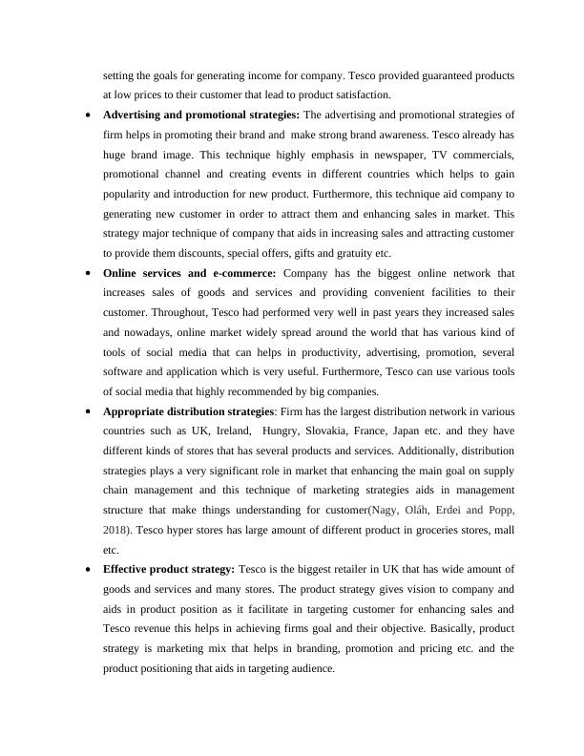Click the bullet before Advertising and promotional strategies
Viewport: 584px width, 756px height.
(89, 115)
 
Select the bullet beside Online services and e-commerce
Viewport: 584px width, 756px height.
(89, 272)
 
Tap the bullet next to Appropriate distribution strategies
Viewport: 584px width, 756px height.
(89, 411)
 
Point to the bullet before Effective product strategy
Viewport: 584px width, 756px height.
(89, 570)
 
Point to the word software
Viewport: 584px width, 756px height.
(125, 371)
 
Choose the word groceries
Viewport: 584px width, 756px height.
(412, 530)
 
